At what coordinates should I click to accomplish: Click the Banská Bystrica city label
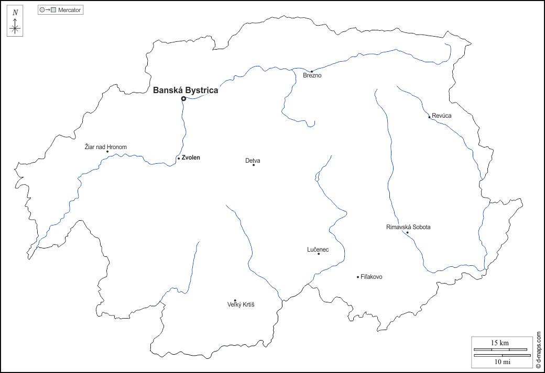tap(186, 91)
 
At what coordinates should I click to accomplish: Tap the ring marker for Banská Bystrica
tap(183, 98)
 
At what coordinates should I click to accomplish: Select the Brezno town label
tap(312, 76)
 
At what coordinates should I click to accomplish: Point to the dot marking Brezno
tap(312, 71)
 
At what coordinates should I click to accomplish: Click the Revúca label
tap(442, 116)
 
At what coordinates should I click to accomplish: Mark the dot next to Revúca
tap(429, 117)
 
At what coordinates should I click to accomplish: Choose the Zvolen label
tap(191, 157)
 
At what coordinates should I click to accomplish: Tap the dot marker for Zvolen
tap(179, 158)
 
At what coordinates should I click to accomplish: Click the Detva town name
tap(253, 161)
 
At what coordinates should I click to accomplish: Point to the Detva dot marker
tap(254, 165)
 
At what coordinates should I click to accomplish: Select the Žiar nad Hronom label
tap(106, 147)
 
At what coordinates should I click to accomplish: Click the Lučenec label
tap(318, 250)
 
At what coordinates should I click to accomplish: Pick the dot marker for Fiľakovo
tap(358, 277)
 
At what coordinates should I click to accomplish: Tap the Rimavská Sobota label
tap(408, 227)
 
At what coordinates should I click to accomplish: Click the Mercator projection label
tap(70, 10)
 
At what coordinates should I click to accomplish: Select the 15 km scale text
tap(499, 343)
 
